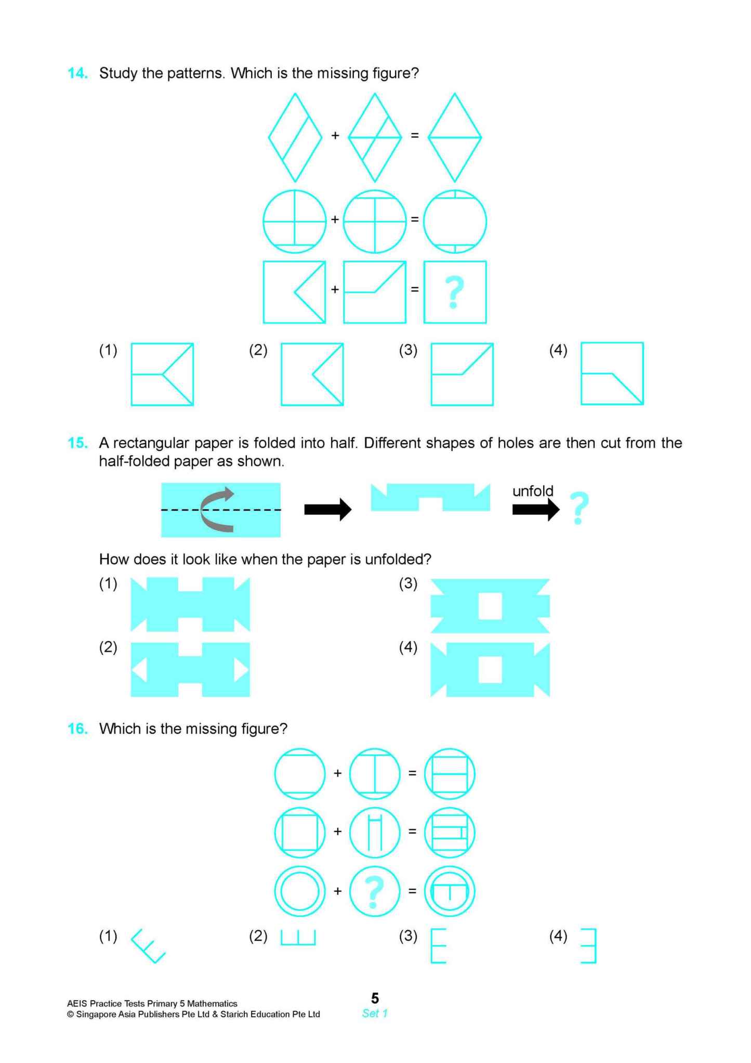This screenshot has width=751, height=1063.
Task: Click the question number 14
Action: coord(77,73)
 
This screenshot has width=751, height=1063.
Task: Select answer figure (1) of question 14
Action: coord(162,374)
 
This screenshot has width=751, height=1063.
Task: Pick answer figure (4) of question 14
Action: coord(612,373)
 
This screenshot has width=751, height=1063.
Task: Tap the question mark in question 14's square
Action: coord(454,292)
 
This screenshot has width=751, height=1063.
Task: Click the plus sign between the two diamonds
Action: coord(335,135)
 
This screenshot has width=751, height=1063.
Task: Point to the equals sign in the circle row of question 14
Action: coord(415,219)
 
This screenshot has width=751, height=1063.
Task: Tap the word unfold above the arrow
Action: coord(532,491)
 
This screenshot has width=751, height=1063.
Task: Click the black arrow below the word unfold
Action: coord(535,510)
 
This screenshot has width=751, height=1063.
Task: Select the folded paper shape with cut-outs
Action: coord(430,497)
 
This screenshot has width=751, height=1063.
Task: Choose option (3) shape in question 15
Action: coord(490,606)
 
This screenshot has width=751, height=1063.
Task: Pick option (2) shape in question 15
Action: coord(190,669)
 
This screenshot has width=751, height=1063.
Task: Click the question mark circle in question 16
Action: coord(374,891)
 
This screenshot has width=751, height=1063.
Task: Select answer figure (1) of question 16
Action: coord(148,946)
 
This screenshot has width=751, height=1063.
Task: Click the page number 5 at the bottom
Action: coord(375,998)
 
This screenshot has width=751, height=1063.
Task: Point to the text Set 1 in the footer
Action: coord(375,1013)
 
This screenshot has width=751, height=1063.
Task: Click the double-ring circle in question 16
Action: coord(299,891)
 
